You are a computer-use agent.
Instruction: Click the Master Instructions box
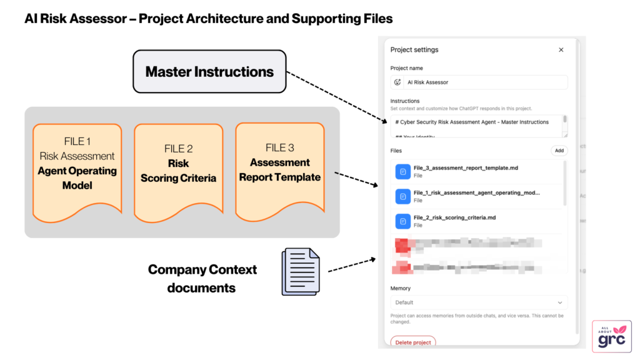pos(209,72)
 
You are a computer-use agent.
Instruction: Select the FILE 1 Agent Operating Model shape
pos(77,170)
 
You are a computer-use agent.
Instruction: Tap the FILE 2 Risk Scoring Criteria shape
pos(178,170)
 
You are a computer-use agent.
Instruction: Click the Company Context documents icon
pos(301,271)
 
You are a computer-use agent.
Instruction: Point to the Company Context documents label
pos(202,279)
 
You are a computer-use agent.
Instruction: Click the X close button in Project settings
pos(561,50)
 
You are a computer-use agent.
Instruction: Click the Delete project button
pos(412,342)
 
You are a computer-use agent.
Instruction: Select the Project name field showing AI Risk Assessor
pos(479,82)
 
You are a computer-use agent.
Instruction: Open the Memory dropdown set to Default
pos(479,302)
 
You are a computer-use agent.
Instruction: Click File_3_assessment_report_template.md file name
pos(466,167)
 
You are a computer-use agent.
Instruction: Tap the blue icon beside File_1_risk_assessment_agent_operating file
pos(402,196)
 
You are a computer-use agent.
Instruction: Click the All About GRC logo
pos(611,336)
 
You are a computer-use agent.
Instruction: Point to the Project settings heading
pos(414,50)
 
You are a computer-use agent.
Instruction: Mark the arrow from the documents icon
pos(351,264)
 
